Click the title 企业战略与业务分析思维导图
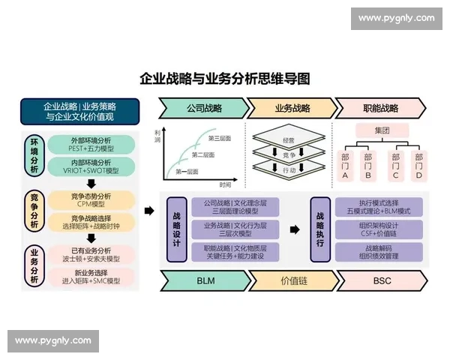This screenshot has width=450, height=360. (225, 79)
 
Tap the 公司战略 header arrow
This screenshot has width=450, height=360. (203, 108)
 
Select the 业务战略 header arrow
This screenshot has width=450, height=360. (290, 108)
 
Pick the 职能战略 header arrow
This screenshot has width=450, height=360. (379, 108)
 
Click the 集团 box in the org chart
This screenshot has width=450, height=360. (382, 130)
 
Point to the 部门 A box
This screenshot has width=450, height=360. (345, 166)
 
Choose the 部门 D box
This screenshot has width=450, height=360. (418, 166)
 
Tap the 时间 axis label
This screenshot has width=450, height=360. (225, 183)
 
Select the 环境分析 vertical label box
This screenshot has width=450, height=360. (34, 155)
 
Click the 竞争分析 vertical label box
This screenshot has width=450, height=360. (34, 211)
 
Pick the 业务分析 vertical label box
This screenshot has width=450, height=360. (34, 265)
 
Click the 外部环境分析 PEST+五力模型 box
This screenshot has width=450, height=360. (91, 144)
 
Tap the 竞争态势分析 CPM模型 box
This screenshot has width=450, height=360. (91, 199)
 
